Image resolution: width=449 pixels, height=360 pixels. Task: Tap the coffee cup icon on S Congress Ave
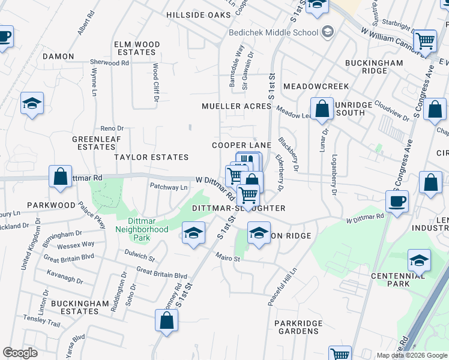(397, 201)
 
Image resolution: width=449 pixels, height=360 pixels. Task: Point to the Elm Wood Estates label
(137, 48)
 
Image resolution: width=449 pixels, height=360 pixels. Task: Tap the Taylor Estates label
(152, 157)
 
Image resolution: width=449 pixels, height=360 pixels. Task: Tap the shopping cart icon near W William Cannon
(425, 41)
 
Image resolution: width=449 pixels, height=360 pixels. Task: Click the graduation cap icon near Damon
(32, 103)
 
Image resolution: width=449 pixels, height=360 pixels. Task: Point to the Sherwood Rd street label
(109, 62)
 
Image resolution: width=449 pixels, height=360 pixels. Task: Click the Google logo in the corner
(20, 353)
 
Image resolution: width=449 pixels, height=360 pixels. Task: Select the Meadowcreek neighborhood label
(307, 86)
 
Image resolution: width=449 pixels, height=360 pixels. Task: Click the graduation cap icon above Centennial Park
(419, 260)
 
